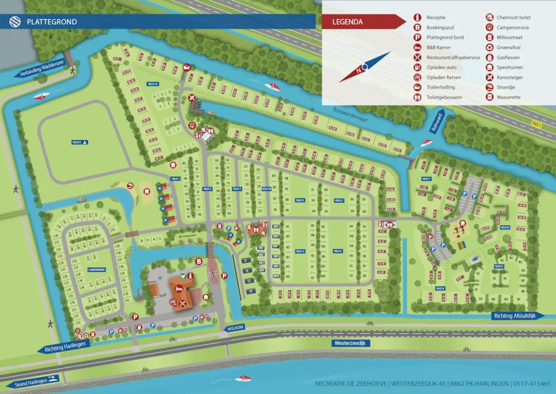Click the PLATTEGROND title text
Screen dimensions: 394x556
click(x=52, y=22)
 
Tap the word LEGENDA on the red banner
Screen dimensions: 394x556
click(x=348, y=22)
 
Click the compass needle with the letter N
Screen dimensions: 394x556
click(x=363, y=67)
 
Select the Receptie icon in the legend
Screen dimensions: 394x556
click(x=417, y=18)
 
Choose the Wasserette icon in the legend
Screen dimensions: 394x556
click(x=488, y=97)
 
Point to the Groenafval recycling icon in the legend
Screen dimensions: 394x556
click(x=488, y=47)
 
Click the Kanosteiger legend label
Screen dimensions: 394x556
click(x=510, y=77)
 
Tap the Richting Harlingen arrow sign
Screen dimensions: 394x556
click(x=64, y=347)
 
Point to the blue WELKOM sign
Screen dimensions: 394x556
click(x=234, y=329)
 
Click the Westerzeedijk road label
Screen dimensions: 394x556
click(x=349, y=343)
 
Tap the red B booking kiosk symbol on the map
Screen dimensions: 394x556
click(x=199, y=261)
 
